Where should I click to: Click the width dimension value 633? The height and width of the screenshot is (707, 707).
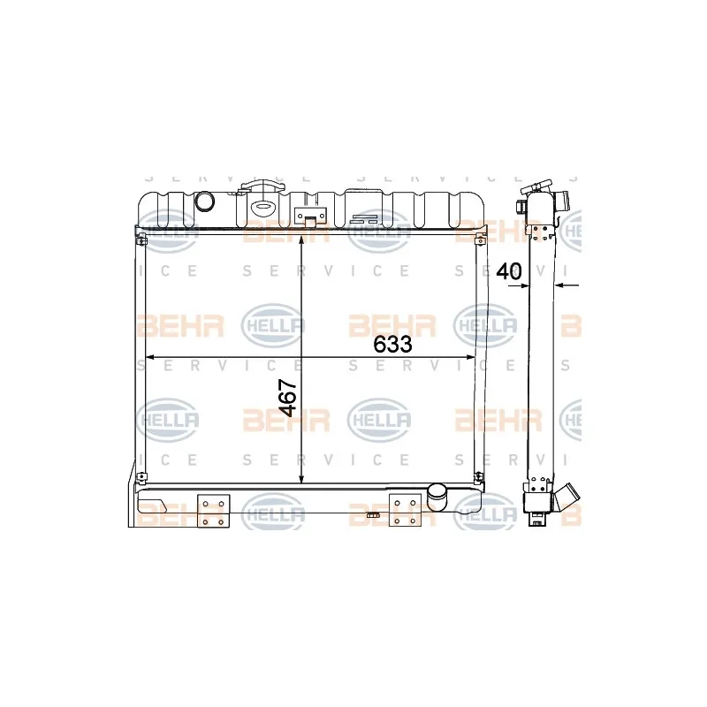click(x=392, y=345)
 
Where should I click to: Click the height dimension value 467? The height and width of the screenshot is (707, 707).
click(x=288, y=398)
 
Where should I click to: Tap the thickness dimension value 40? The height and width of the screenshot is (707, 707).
click(x=509, y=271)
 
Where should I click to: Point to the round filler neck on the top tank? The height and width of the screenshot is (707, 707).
click(x=205, y=201)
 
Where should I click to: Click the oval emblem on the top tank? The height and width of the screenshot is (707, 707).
click(x=262, y=208)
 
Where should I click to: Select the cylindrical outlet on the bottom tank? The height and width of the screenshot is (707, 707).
click(x=437, y=497)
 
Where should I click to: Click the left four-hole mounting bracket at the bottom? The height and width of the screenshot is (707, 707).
click(x=213, y=512)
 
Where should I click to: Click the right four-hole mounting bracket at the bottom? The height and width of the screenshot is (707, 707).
click(x=405, y=511)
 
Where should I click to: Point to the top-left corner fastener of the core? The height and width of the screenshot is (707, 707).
click(x=141, y=240)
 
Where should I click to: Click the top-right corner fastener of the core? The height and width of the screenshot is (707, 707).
click(x=480, y=240)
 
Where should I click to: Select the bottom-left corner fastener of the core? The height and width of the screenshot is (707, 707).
click(x=141, y=476)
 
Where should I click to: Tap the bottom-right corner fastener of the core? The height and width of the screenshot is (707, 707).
click(x=479, y=476)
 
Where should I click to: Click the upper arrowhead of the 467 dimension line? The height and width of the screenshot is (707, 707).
click(x=301, y=242)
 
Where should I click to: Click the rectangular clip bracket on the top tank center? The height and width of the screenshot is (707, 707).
click(x=310, y=217)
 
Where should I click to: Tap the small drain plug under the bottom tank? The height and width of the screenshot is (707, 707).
click(x=372, y=515)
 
